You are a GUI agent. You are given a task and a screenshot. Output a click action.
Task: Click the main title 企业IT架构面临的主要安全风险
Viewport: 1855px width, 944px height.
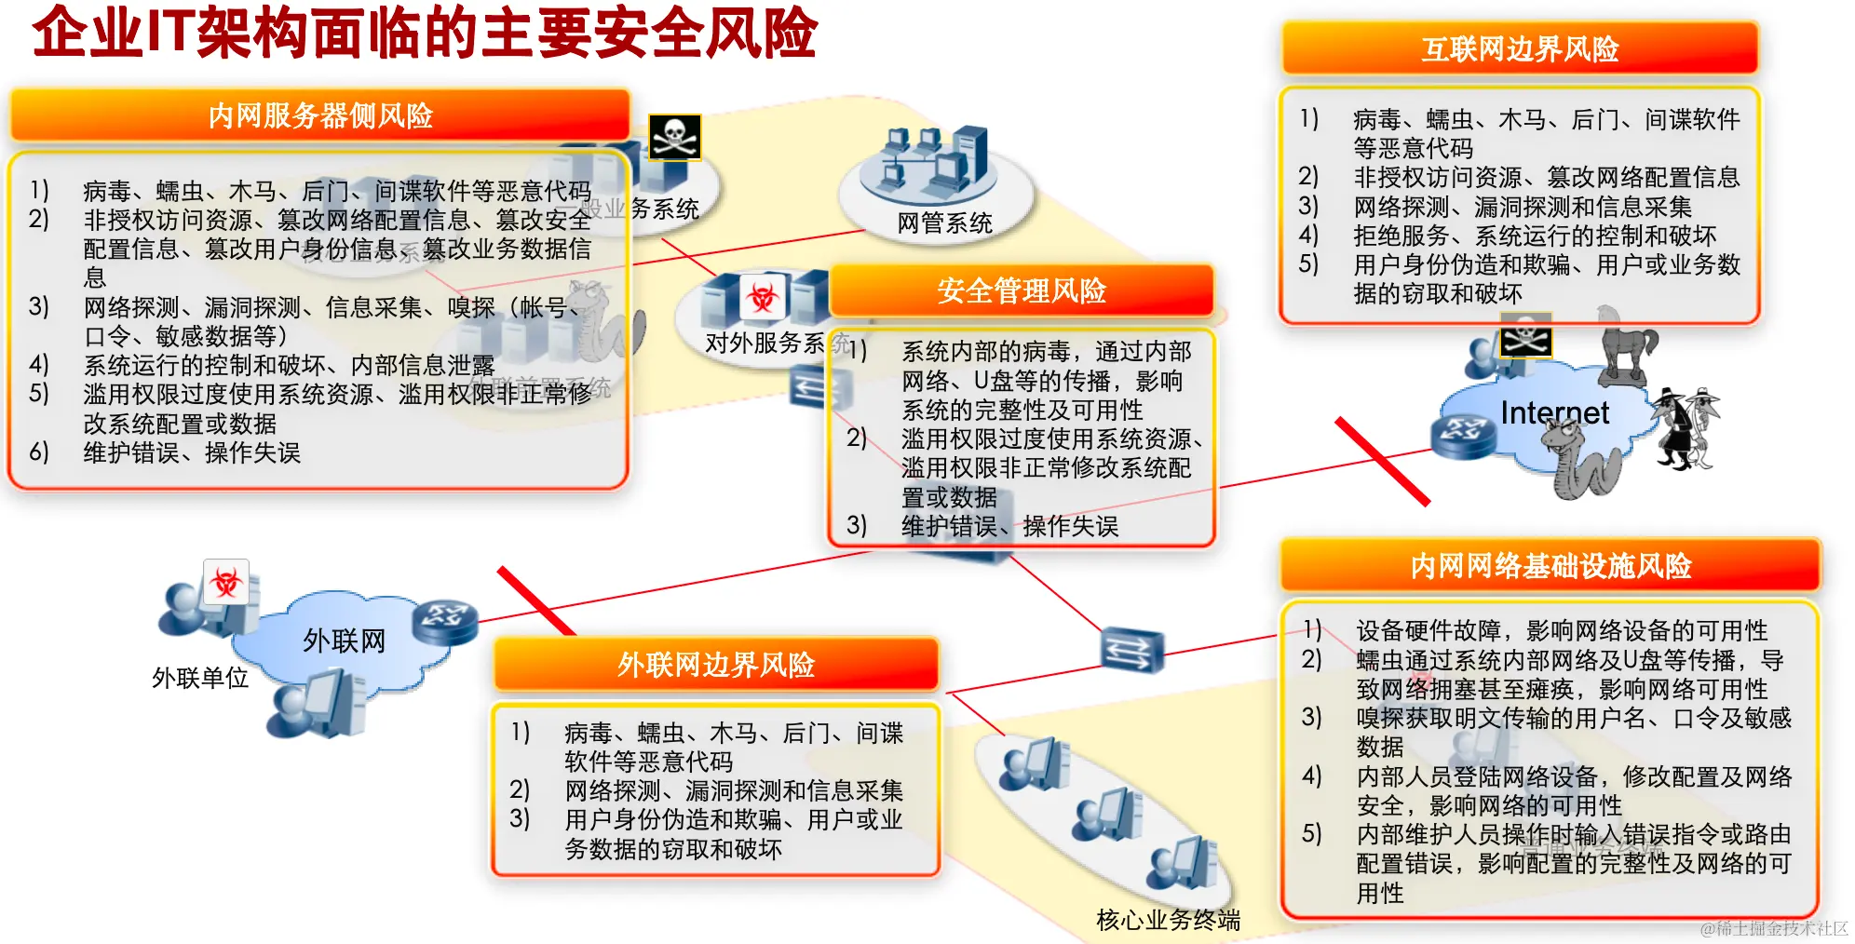click(424, 34)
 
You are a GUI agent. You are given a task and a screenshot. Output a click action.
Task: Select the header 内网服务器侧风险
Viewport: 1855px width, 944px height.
click(320, 115)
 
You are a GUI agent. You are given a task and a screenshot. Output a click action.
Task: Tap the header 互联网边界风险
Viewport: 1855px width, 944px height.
click(1520, 48)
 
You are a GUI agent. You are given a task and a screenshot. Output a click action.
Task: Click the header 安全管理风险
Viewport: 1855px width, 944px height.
click(1021, 290)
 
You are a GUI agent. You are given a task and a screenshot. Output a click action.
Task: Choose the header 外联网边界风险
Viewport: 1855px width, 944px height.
click(715, 665)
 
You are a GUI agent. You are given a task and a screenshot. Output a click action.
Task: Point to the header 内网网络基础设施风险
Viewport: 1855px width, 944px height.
click(1550, 565)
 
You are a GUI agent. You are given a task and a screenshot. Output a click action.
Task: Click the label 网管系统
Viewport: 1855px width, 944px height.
click(944, 223)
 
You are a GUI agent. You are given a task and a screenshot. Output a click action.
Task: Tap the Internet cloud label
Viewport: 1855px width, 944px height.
click(1554, 412)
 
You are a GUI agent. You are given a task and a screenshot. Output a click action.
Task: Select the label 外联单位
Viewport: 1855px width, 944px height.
click(200, 678)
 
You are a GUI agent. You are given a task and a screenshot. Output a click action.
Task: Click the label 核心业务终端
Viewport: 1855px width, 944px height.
click(1168, 920)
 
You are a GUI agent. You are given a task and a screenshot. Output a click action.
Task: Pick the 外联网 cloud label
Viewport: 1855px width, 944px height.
click(344, 641)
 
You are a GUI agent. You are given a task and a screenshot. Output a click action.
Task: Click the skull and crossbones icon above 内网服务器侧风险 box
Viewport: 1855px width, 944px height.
click(674, 138)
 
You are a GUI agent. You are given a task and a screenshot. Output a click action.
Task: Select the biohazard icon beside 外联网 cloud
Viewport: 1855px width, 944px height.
click(225, 583)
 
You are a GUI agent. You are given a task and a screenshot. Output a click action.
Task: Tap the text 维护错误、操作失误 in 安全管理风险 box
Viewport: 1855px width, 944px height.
click(1009, 527)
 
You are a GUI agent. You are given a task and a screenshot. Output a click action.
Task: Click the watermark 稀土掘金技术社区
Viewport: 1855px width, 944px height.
click(1773, 928)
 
